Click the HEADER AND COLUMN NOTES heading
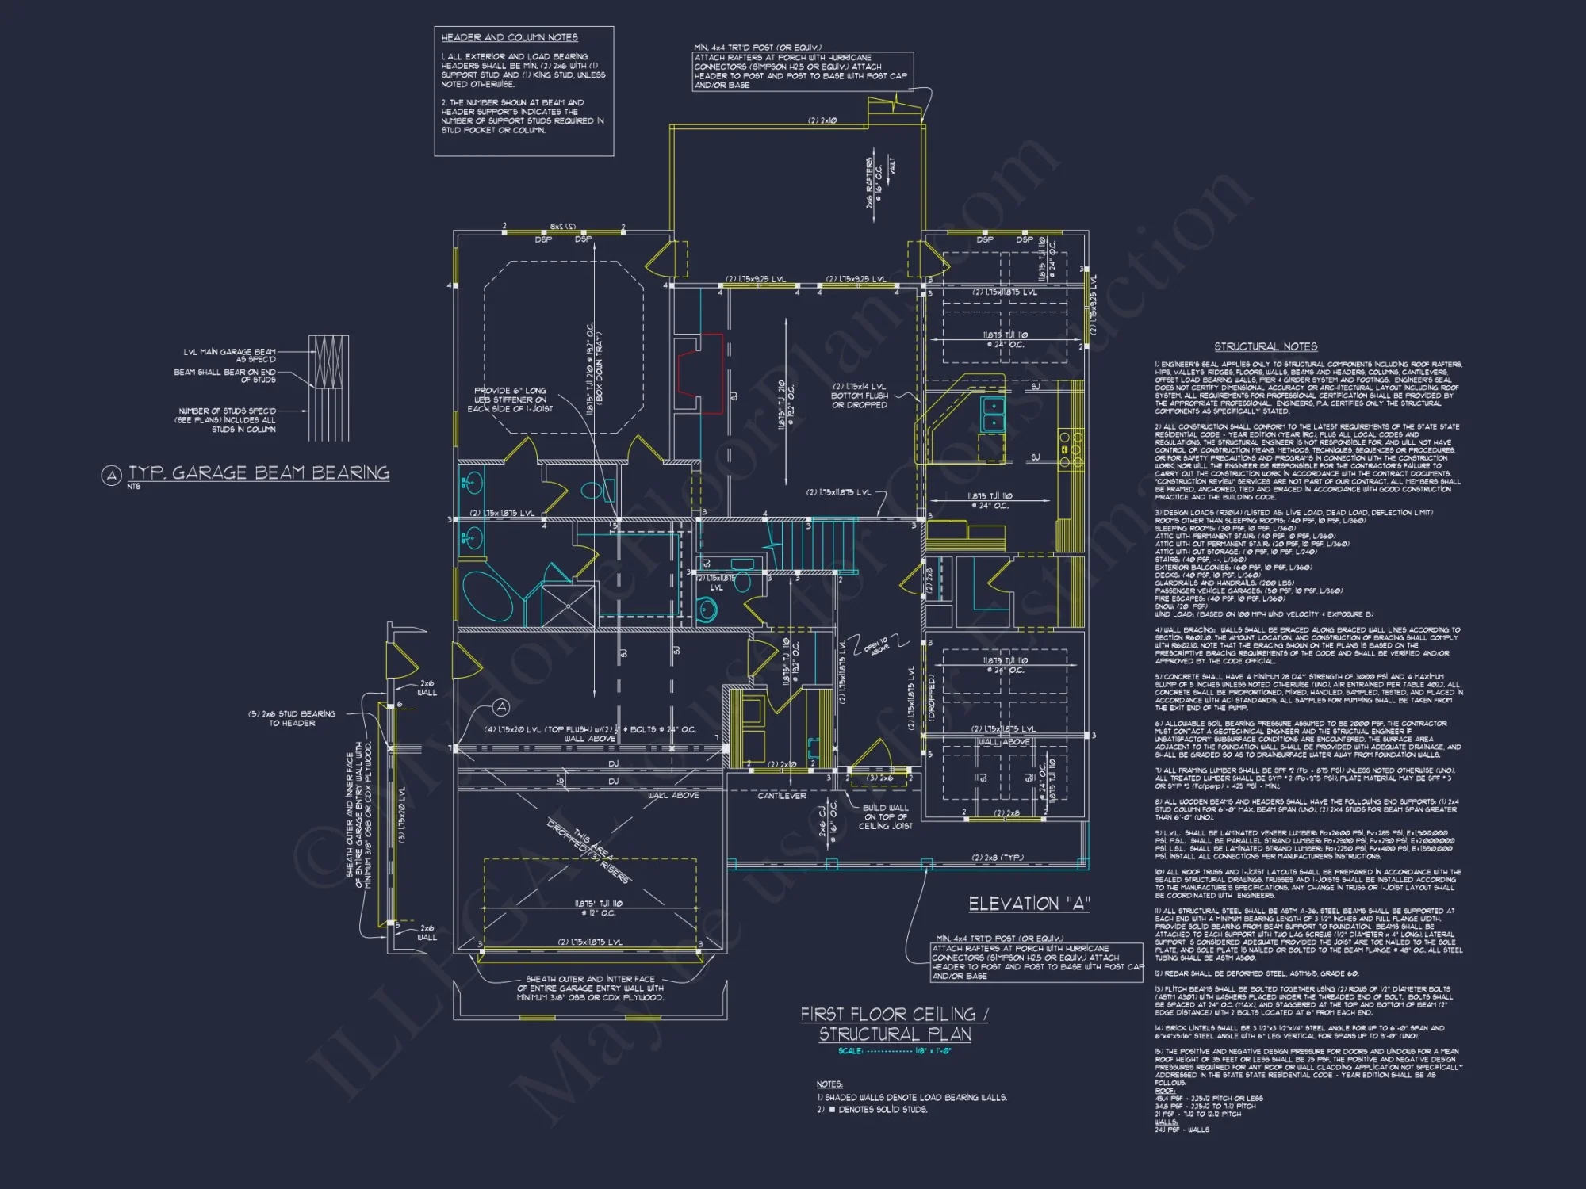click(509, 37)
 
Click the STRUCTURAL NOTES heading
click(1266, 346)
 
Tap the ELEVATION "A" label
click(1029, 904)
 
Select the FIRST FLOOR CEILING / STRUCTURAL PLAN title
click(895, 1024)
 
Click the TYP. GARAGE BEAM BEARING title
click(259, 473)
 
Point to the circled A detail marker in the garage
click(501, 706)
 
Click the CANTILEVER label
click(781, 795)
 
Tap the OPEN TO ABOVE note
click(876, 646)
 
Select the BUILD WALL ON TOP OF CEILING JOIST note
click(885, 816)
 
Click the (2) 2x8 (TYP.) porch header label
click(997, 858)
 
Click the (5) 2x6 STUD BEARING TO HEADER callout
click(292, 718)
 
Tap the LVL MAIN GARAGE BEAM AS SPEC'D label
click(229, 355)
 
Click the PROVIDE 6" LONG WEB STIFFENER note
click(510, 400)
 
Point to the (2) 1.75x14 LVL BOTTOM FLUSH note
click(859, 396)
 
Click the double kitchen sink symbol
click(991, 415)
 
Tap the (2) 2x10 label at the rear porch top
click(822, 120)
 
